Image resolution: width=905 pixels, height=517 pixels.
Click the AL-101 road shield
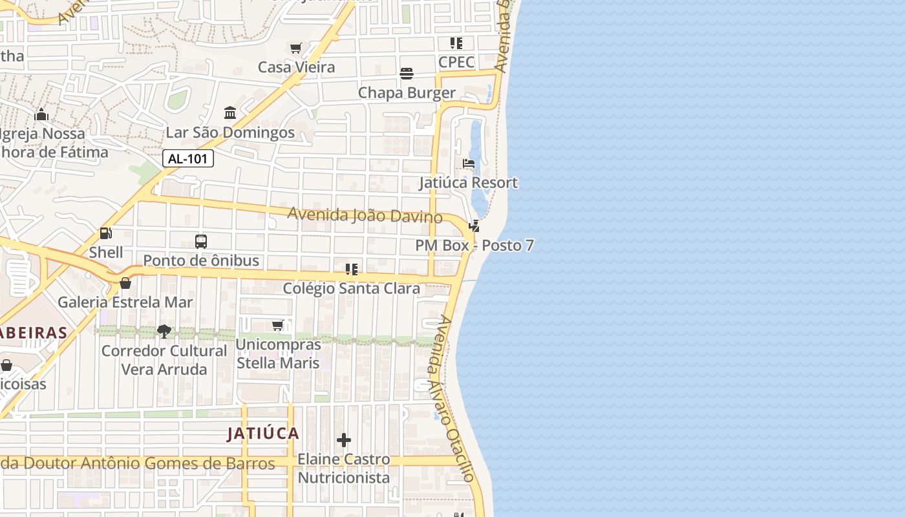point(187,158)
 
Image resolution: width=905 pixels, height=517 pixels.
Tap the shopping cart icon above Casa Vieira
point(296,48)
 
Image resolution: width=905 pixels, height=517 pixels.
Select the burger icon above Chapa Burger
point(407,74)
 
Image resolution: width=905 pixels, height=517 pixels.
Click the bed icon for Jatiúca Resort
point(469,164)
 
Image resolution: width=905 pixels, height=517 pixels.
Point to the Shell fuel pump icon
point(105,233)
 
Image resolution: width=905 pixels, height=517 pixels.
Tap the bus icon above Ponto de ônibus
point(201,242)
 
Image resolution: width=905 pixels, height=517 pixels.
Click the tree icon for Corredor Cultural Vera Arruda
point(164,332)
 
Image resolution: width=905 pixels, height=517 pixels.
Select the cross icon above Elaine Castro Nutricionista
point(344,441)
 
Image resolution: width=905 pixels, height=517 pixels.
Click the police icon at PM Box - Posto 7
point(474,226)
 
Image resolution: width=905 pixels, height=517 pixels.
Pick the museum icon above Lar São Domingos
point(230,113)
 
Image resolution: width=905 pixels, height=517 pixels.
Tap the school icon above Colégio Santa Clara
point(351,269)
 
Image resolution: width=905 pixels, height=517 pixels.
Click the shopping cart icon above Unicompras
point(278,325)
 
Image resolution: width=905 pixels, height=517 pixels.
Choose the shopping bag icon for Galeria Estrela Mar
point(125,283)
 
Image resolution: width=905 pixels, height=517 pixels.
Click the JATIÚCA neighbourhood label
point(263,434)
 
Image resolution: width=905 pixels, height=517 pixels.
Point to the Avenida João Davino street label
point(365,215)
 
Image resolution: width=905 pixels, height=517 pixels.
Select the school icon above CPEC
point(456,43)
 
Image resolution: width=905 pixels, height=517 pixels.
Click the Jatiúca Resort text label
point(469,183)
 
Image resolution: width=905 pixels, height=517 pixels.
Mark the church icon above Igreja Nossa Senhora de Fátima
point(42,115)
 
